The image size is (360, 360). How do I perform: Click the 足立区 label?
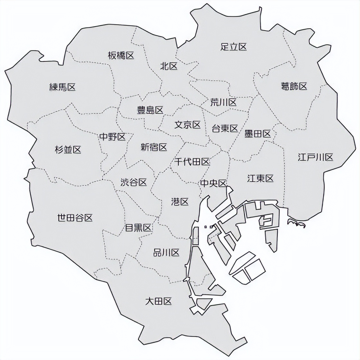point(234,47)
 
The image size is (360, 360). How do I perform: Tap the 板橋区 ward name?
point(121,56)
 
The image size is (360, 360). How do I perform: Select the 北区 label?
point(169,66)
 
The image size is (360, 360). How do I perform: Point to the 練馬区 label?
point(62,87)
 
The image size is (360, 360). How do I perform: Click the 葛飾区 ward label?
point(294,86)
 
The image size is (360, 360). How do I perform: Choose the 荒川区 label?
point(223,103)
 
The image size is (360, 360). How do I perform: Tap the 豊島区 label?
point(150,110)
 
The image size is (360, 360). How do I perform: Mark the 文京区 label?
point(187,125)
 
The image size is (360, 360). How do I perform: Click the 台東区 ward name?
point(225,129)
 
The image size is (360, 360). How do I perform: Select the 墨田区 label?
point(257,134)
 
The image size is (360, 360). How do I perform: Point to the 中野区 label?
point(112,137)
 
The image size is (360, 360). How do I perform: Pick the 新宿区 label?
point(154,147)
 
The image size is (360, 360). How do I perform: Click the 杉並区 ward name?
point(68,149)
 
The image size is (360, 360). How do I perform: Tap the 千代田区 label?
point(192,162)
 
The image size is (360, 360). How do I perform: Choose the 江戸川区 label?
point(315,157)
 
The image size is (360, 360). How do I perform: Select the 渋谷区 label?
point(134,182)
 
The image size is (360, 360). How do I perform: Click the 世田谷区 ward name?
point(75,218)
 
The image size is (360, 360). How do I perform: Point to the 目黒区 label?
point(138,228)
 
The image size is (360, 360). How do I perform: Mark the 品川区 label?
point(166,253)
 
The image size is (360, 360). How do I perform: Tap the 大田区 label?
point(158,301)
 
